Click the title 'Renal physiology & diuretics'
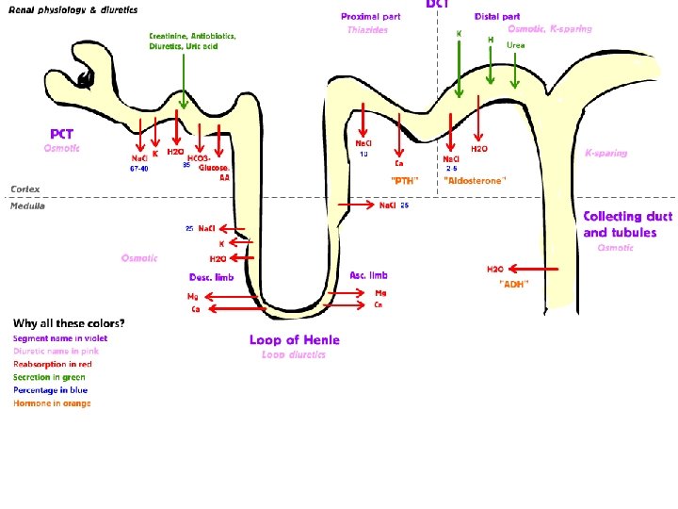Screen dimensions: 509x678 click(73, 10)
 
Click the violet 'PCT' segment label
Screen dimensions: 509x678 click(62, 135)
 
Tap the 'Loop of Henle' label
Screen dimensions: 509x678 click(294, 339)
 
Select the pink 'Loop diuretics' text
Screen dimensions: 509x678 click(294, 354)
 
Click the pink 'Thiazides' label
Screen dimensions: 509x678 click(367, 30)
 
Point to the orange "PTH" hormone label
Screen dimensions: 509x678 click(404, 179)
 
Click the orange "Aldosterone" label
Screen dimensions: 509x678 click(475, 179)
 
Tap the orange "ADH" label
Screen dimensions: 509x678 click(513, 283)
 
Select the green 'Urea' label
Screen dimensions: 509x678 click(515, 45)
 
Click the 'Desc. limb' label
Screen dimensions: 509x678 click(211, 277)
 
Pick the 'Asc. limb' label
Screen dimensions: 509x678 click(368, 275)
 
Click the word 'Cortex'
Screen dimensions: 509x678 click(25, 189)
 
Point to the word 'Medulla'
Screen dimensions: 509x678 click(27, 205)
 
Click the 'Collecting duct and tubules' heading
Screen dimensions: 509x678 click(627, 224)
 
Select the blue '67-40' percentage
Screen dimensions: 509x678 click(138, 170)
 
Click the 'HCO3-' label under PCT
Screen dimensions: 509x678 click(199, 158)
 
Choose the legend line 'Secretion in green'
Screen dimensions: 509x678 click(49, 377)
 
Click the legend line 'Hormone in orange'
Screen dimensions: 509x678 click(52, 403)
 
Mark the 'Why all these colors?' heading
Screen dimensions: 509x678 click(69, 323)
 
